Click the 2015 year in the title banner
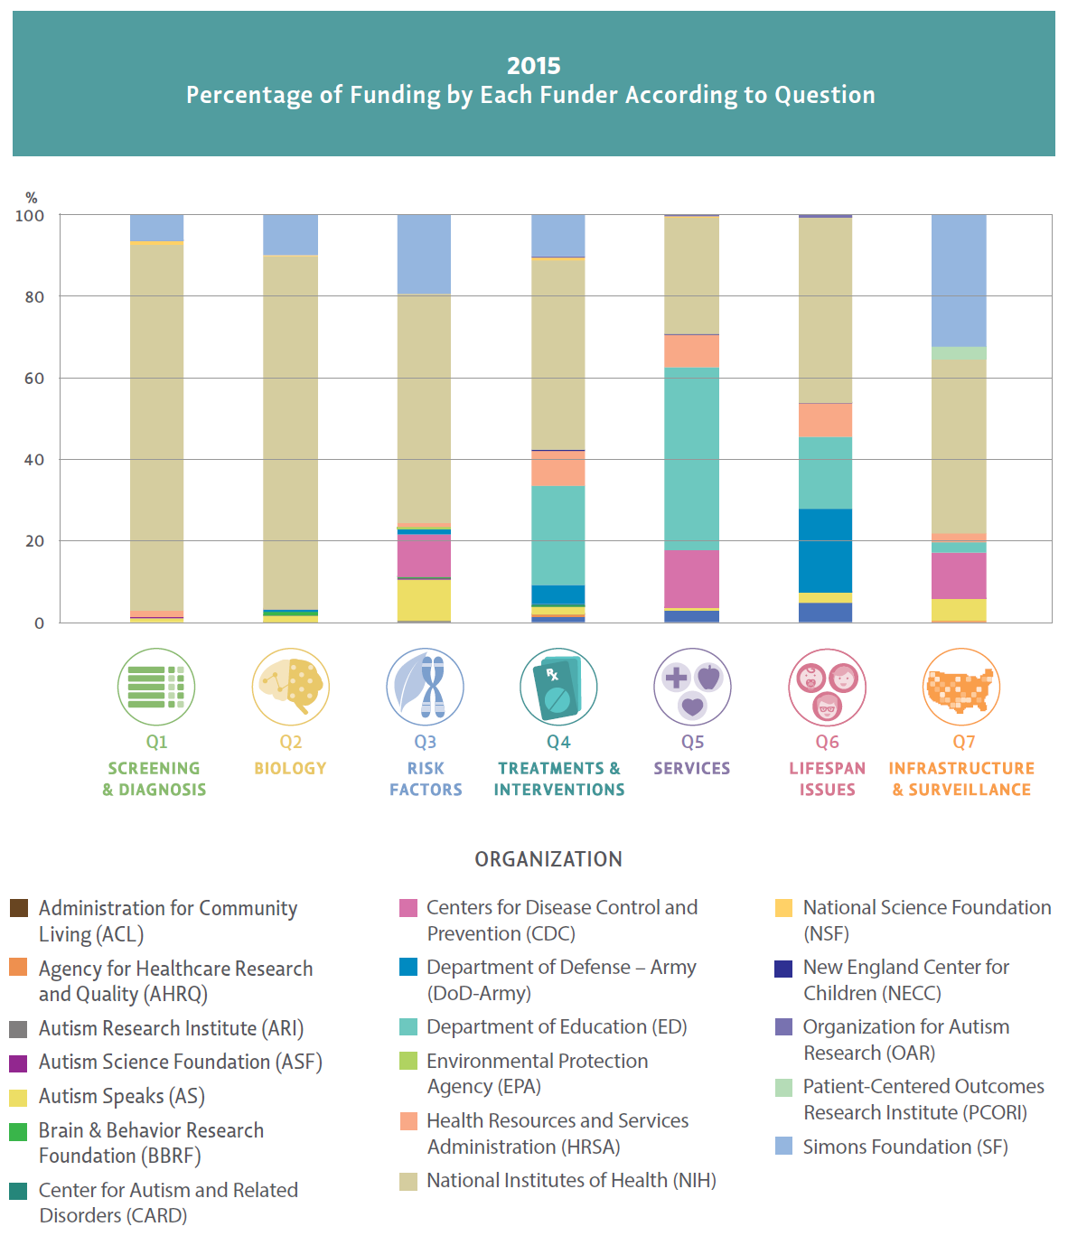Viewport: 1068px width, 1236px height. coord(533,66)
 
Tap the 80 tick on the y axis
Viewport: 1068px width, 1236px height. coord(34,297)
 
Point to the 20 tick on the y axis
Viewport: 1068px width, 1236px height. coord(34,541)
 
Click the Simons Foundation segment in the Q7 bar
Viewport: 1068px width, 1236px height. coord(959,280)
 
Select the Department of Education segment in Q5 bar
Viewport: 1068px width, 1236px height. coord(691,459)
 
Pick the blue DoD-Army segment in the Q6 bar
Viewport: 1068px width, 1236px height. coord(825,550)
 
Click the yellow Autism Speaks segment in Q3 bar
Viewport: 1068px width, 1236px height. coord(424,600)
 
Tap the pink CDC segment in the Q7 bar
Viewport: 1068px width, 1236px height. coord(959,576)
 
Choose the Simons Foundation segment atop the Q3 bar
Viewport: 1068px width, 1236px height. coord(424,255)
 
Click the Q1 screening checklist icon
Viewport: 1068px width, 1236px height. coord(155,687)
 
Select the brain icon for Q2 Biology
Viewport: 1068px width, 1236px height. coord(290,687)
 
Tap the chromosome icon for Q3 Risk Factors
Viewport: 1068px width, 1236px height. coord(425,687)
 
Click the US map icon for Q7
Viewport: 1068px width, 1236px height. coord(960,687)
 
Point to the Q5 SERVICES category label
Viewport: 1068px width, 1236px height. coord(692,768)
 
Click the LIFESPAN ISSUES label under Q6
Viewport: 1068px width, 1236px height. coord(827,779)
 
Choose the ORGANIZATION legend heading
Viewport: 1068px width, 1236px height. coord(548,859)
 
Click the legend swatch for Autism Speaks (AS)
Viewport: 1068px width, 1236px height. coord(18,1098)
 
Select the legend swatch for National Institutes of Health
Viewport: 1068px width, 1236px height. coord(408,1182)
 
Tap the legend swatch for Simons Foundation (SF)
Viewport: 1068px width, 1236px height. coord(784,1147)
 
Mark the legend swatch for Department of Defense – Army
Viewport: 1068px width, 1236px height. coord(408,968)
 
